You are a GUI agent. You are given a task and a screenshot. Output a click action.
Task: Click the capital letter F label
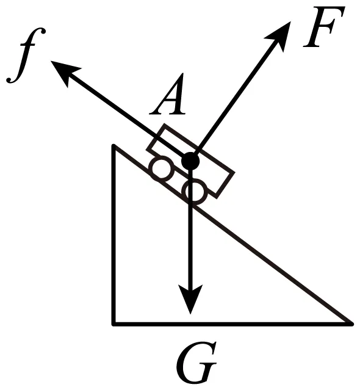pos(323,27)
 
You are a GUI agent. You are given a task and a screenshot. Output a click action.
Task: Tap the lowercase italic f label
pos(26,55)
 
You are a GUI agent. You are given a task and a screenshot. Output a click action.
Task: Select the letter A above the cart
pos(168,94)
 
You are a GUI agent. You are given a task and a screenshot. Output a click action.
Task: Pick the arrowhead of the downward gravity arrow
pos(190,298)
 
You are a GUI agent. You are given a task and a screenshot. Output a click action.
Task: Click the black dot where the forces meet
pos(190,161)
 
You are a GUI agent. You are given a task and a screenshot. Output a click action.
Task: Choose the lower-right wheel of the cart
pos(195,192)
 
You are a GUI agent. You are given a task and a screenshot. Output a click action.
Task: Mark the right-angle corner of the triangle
pos(114,323)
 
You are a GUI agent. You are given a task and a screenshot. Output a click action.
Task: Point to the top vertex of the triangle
pos(114,145)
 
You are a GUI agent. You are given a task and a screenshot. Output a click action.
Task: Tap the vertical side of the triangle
pos(114,234)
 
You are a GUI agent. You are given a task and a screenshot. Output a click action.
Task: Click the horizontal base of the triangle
pos(233,323)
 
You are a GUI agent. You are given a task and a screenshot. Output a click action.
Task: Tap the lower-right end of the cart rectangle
pos(226,184)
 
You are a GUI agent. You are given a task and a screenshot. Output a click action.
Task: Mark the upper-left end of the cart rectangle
pos(155,137)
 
